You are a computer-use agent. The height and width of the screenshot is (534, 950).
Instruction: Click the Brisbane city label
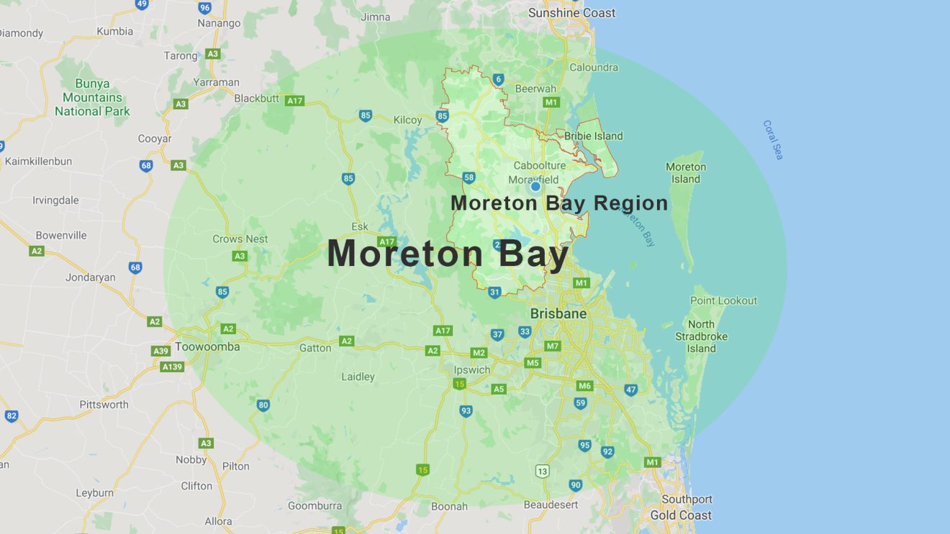pyautogui.click(x=558, y=314)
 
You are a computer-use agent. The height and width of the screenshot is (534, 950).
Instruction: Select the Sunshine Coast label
pyautogui.click(x=571, y=13)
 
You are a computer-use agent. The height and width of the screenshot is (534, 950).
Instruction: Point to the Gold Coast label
pyautogui.click(x=680, y=515)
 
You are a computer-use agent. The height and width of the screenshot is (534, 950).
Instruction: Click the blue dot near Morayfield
pyautogui.click(x=535, y=187)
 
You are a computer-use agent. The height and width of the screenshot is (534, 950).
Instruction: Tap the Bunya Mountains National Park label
pyautogui.click(x=92, y=98)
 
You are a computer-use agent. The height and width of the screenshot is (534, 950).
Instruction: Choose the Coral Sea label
pyautogui.click(x=773, y=139)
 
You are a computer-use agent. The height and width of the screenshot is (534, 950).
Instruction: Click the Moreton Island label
pyautogui.click(x=686, y=172)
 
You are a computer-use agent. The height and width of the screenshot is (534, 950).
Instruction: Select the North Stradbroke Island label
pyautogui.click(x=701, y=336)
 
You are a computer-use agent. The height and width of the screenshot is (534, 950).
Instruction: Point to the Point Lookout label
pyautogui.click(x=723, y=300)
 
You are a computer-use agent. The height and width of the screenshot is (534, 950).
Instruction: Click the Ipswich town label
pyautogui.click(x=472, y=370)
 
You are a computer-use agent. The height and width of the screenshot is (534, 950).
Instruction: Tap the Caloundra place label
pyautogui.click(x=593, y=68)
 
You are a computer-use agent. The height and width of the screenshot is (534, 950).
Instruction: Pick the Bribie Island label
pyautogui.click(x=593, y=136)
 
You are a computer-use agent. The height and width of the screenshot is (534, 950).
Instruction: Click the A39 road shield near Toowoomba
pyautogui.click(x=161, y=351)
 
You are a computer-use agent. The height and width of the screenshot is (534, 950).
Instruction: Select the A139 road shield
pyautogui.click(x=172, y=367)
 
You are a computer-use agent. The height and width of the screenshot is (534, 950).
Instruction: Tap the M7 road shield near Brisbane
pyautogui.click(x=552, y=346)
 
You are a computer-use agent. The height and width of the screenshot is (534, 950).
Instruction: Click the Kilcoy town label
pyautogui.click(x=407, y=120)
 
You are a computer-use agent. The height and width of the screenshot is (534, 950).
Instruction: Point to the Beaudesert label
pyautogui.click(x=551, y=505)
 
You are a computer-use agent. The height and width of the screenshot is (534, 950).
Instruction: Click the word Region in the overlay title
pyautogui.click(x=630, y=203)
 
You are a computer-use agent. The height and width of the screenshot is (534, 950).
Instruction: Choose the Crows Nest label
pyautogui.click(x=240, y=239)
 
